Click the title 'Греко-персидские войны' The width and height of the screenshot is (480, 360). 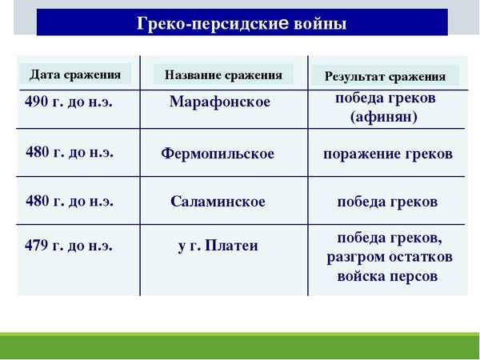pos(242,23)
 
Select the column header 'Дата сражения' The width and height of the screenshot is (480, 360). pos(75,75)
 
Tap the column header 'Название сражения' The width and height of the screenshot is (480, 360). pos(223,75)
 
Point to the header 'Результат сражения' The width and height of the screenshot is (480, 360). pos(385,77)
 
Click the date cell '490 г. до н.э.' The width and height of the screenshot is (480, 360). pos(69,102)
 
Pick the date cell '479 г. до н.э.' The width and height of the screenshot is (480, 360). pos(69,246)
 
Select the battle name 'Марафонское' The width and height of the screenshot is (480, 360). pos(220,102)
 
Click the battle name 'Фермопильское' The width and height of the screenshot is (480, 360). pos(218,154)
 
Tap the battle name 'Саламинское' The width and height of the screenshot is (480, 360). pos(218,202)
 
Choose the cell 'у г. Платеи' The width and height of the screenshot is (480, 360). pos(218,246)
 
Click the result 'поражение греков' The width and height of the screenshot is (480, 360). pos(388,154)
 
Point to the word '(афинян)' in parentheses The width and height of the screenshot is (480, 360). pos(384,117)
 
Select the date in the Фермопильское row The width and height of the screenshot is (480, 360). pos(70,152)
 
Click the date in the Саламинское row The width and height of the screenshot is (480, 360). pos(70,201)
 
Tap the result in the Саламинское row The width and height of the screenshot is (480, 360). pos(387,202)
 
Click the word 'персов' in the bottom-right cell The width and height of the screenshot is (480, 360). pos(414,277)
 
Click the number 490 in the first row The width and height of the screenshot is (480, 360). pos(36,102)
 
